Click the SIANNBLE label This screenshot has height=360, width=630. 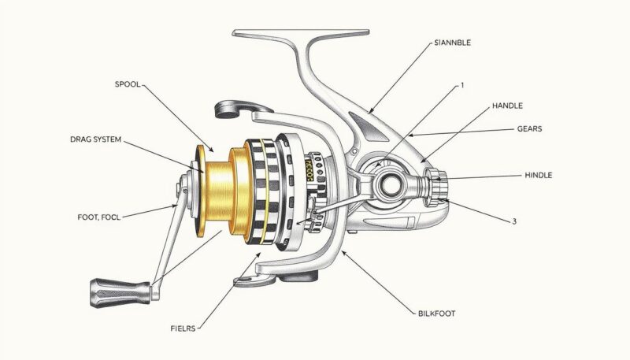(x=453, y=43)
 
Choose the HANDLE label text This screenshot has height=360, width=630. (x=507, y=106)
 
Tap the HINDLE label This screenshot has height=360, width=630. (x=538, y=174)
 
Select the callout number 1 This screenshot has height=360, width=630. (x=462, y=84)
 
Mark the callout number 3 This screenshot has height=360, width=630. (x=514, y=221)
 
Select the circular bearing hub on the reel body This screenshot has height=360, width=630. (x=391, y=186)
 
